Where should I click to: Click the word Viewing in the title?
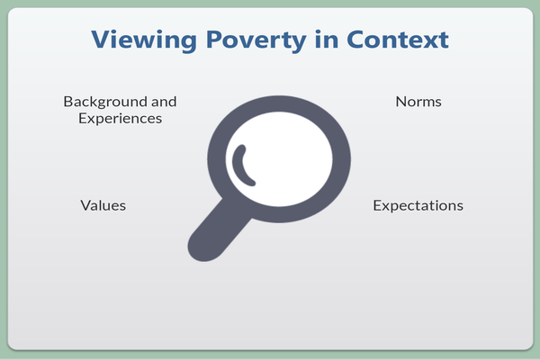tap(144, 40)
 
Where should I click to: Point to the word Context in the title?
tap(398, 40)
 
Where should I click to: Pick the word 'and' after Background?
tap(164, 102)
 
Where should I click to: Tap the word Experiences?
tap(121, 119)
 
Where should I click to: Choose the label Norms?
tap(418, 102)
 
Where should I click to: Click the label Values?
tap(103, 205)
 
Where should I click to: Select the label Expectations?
tap(418, 206)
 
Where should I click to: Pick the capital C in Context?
tap(355, 40)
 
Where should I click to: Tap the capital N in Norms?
tap(401, 102)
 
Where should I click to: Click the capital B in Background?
tap(68, 102)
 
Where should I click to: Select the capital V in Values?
tap(86, 205)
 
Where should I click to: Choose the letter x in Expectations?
tap(386, 207)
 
